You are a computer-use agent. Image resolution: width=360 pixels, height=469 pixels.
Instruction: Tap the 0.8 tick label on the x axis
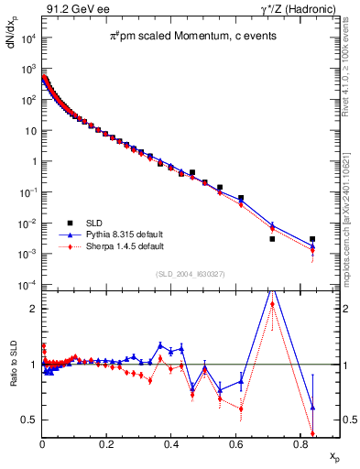click(299, 443)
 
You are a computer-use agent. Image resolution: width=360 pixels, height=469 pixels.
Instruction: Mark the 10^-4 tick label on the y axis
click(25, 286)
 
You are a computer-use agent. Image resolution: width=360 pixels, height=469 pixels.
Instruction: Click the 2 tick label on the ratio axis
click(32, 309)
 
